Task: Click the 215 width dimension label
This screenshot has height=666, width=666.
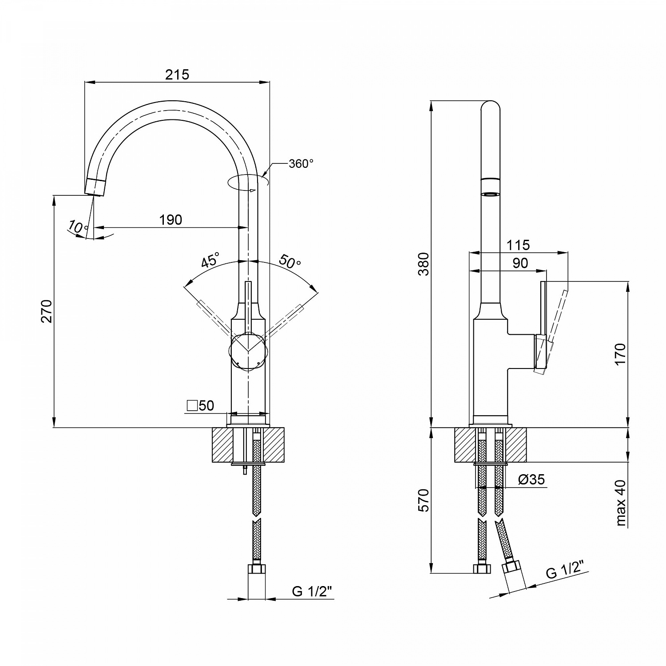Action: point(177,74)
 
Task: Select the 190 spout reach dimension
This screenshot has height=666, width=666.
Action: point(171,220)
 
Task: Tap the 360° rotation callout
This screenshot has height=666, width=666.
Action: point(301,164)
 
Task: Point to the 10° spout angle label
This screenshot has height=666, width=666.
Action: point(78,227)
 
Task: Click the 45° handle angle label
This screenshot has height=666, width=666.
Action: point(210,260)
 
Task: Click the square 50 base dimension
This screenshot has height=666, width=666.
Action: point(201,405)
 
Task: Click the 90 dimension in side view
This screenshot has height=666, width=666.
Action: point(520,263)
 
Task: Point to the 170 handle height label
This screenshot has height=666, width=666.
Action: point(620,354)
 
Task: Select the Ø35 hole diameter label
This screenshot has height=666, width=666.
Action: point(531,480)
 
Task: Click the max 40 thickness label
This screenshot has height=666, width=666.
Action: point(621,503)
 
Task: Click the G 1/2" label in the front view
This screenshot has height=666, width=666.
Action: point(312,592)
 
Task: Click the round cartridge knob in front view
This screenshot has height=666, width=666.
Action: point(248,350)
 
